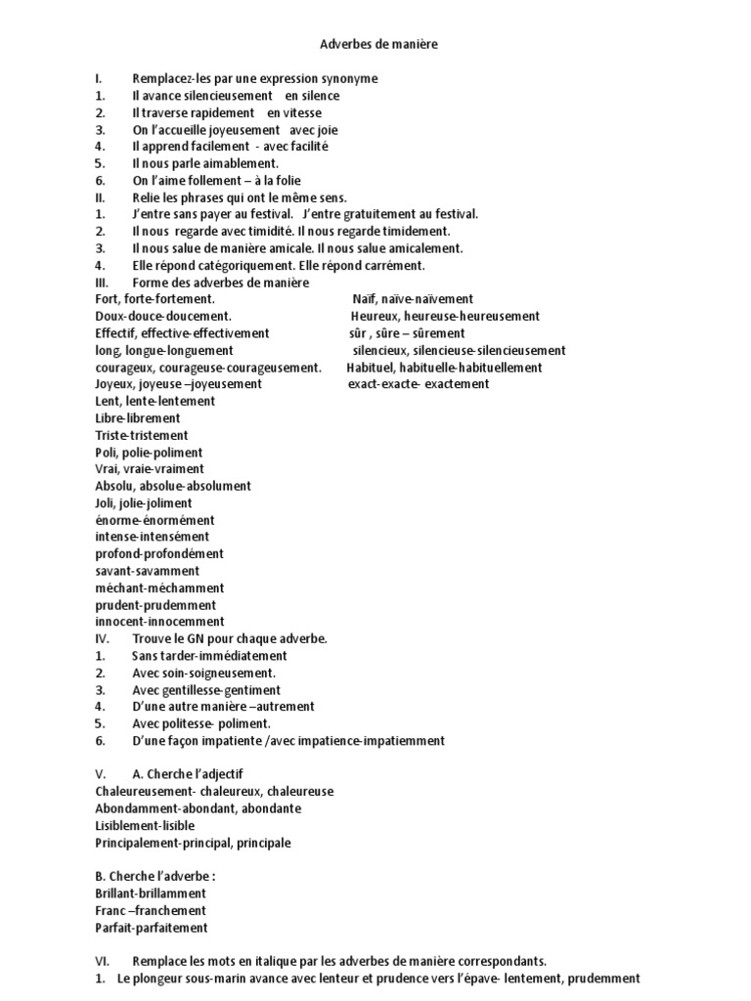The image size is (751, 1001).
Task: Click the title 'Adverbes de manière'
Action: coord(375,44)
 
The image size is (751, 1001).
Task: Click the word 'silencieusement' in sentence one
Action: coord(228,96)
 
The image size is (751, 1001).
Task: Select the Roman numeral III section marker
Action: coord(102,283)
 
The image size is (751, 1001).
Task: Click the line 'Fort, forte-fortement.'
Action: coord(155,299)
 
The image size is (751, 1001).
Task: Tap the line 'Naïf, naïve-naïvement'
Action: coord(413,299)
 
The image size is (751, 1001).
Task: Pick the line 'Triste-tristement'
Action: coord(142,435)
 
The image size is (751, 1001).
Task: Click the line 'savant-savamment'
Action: coord(147,571)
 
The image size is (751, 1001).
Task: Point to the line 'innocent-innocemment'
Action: coord(159,622)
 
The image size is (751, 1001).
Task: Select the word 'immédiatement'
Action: coord(247,656)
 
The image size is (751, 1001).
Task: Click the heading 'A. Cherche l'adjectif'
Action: coord(188,774)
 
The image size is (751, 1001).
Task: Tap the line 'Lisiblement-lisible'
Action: coord(145,825)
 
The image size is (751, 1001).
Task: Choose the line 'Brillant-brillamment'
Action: coord(151,893)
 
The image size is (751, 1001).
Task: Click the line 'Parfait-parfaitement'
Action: coord(151,928)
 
